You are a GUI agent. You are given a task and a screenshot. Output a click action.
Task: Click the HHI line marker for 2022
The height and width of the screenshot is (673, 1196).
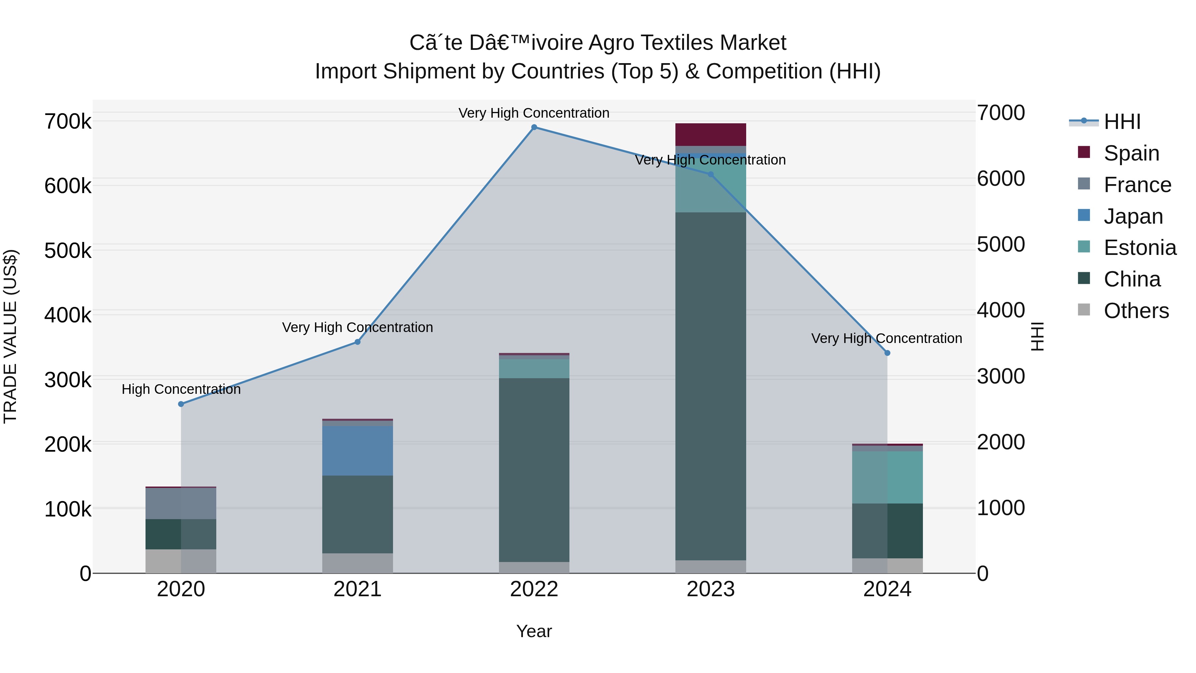pyautogui.click(x=534, y=127)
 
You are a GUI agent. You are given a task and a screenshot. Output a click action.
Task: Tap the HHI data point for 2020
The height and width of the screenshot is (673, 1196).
pyautogui.click(x=181, y=404)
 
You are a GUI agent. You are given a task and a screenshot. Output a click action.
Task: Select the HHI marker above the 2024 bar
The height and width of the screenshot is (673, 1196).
pyautogui.click(x=887, y=353)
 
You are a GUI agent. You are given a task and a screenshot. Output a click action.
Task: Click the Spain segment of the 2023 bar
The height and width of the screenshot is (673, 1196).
pyautogui.click(x=710, y=135)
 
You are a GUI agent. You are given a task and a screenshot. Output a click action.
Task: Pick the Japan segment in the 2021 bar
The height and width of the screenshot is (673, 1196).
pyautogui.click(x=357, y=451)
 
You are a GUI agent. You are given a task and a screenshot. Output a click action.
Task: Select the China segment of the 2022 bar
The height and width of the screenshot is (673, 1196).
pyautogui.click(x=534, y=469)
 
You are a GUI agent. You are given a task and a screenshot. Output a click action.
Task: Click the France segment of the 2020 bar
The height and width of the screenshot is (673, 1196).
pyautogui.click(x=181, y=504)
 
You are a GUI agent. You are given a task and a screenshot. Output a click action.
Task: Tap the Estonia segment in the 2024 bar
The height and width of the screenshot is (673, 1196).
pyautogui.click(x=887, y=478)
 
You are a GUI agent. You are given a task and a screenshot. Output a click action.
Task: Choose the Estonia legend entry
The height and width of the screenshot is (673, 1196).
pyautogui.click(x=1140, y=248)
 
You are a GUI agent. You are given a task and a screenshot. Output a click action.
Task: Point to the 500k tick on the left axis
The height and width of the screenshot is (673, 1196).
pyautogui.click(x=68, y=251)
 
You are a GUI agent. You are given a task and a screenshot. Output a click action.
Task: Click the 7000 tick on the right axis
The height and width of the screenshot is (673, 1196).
pyautogui.click(x=1001, y=113)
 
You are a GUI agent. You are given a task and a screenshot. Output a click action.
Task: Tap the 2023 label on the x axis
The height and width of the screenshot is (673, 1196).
pyautogui.click(x=710, y=589)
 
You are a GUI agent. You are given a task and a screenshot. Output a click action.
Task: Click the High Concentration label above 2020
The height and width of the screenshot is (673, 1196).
pyautogui.click(x=181, y=389)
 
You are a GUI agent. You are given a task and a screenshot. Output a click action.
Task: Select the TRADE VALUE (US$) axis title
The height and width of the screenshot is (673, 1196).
pyautogui.click(x=10, y=336)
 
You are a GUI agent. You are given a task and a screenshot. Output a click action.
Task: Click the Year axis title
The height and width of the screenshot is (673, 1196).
pyautogui.click(x=534, y=631)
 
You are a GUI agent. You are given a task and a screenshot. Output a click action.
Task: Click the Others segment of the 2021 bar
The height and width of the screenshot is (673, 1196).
pyautogui.click(x=357, y=563)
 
